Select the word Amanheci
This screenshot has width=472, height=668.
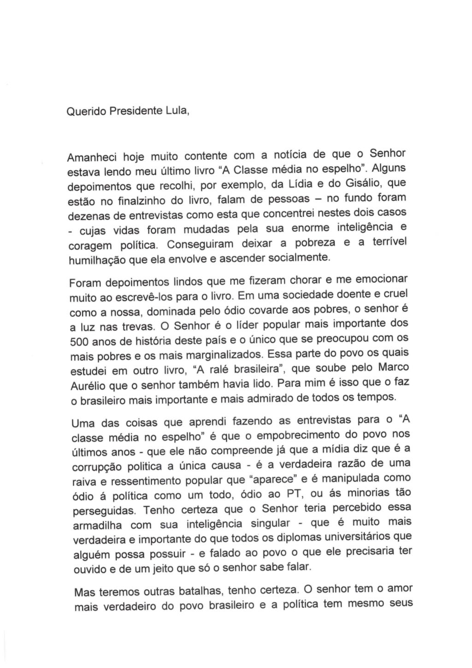(x=90, y=158)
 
